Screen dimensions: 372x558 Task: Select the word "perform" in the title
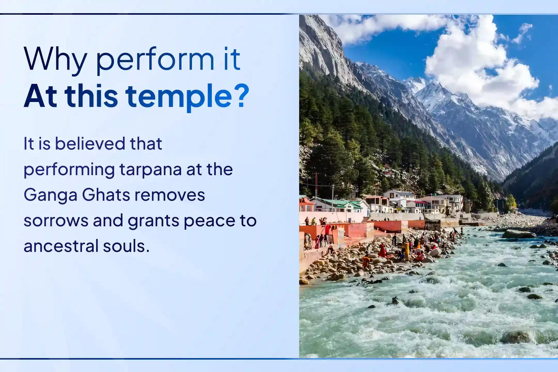click(155, 61)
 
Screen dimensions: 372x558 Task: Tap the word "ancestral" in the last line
click(61, 246)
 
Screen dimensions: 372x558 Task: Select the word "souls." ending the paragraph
click(126, 246)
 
